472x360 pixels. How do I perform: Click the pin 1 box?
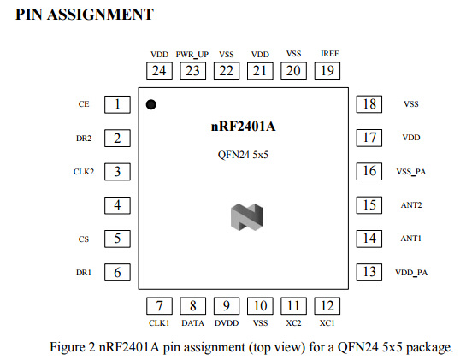(117, 104)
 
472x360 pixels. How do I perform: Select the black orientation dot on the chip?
(150, 104)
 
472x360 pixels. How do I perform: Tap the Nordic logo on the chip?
(246, 216)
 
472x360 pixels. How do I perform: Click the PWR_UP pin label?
(192, 55)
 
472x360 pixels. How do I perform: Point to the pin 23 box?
(193, 71)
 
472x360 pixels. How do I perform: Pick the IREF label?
(329, 54)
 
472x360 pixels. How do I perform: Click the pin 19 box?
(327, 71)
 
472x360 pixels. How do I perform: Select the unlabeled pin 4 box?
(117, 205)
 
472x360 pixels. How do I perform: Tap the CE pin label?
(84, 104)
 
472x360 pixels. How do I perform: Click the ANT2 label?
(411, 205)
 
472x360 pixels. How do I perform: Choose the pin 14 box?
(369, 239)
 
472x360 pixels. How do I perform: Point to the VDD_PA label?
(411, 273)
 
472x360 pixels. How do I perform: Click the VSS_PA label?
(411, 172)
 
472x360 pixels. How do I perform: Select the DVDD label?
(227, 323)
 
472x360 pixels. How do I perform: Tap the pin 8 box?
(193, 306)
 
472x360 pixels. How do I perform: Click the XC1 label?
(327, 323)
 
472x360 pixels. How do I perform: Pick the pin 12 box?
(327, 306)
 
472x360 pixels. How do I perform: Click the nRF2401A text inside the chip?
(243, 126)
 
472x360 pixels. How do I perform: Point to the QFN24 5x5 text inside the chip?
(243, 155)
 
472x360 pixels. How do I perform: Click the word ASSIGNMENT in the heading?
(100, 15)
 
